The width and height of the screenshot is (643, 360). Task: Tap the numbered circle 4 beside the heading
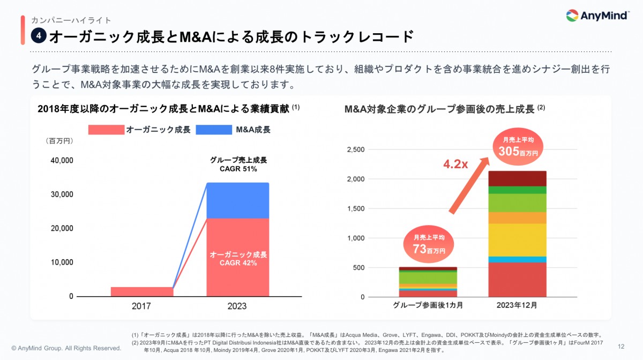[38, 36]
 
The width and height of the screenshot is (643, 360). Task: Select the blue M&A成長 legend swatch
[214, 130]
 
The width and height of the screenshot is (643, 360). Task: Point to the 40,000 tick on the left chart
[62, 160]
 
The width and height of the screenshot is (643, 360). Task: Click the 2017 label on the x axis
[141, 306]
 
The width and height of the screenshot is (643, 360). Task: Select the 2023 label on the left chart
[237, 306]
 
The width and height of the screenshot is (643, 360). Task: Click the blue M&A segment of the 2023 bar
[237, 200]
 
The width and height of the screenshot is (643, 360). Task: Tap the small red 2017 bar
[141, 291]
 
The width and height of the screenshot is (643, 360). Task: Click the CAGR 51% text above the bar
[238, 169]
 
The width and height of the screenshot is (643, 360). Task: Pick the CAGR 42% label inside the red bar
[238, 263]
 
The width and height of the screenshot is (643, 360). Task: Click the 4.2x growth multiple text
[455, 164]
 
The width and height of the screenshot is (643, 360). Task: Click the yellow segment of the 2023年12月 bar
[517, 239]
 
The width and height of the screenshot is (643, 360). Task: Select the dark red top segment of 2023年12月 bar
[517, 178]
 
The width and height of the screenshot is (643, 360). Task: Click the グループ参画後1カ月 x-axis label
[428, 306]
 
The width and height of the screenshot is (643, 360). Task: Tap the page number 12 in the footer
[621, 346]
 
